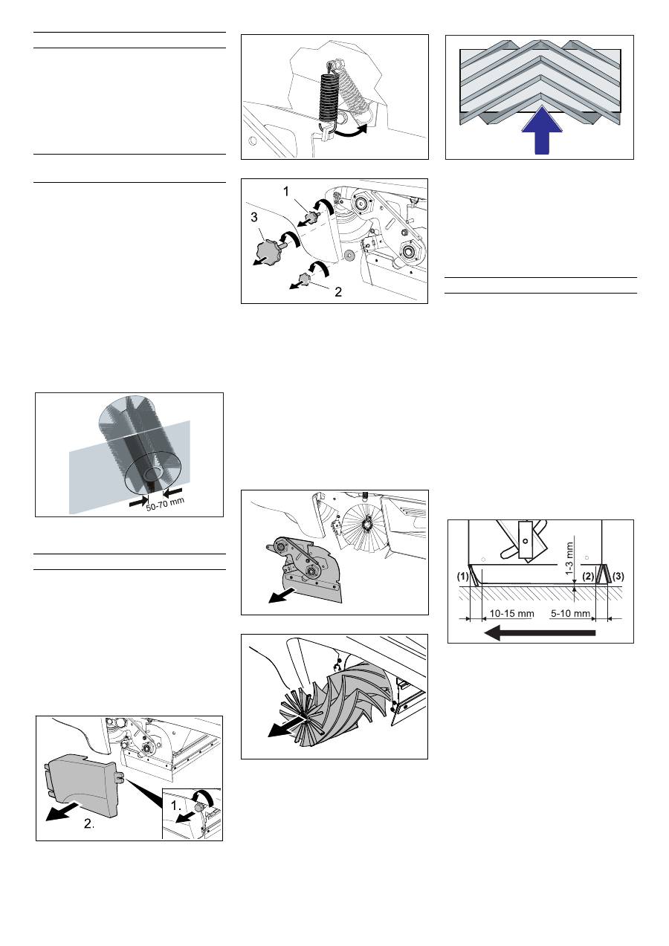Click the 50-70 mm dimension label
pos(166,504)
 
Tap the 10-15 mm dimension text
pos(511,613)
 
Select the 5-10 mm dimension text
pos(570,613)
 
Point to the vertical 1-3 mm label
pos(569,558)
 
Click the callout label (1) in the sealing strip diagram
pos(463,576)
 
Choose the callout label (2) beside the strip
pos(588,576)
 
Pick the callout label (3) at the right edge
pos(618,576)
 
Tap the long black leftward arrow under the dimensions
pos(540,632)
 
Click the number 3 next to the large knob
pos(253,217)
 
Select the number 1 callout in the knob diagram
pos(286,192)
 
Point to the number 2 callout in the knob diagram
pos(338,292)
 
